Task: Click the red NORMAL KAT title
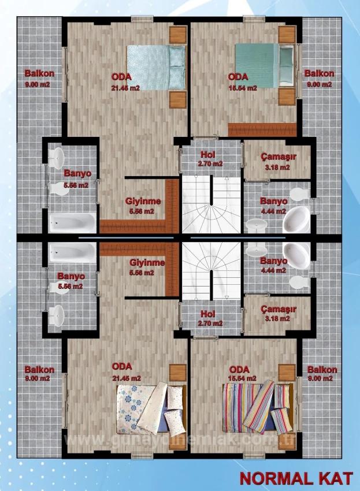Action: (295, 478)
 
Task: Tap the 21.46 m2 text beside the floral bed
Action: (127, 378)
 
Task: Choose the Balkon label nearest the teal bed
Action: (319, 74)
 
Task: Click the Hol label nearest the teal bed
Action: (207, 155)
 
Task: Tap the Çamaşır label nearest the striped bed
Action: (278, 309)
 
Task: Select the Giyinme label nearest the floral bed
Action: (147, 263)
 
